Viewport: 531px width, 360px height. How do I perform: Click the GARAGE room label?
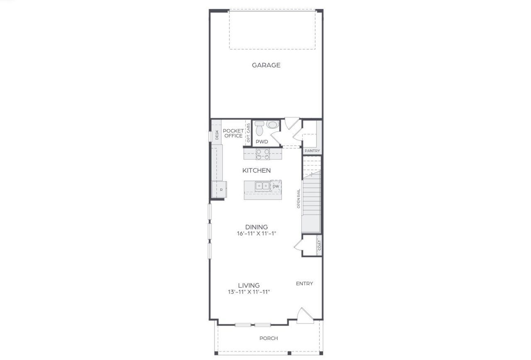pyautogui.click(x=266, y=65)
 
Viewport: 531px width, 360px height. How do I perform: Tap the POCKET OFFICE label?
pyautogui.click(x=233, y=133)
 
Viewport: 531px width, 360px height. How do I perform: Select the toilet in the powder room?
pyautogui.click(x=259, y=128)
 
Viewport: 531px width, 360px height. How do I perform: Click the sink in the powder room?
pyautogui.click(x=273, y=124)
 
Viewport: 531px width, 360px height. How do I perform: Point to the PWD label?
pyautogui.click(x=262, y=142)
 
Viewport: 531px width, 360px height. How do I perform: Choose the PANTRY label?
pyautogui.click(x=312, y=151)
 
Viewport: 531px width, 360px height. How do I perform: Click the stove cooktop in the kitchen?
pyautogui.click(x=262, y=154)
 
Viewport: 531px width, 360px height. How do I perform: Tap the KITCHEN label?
pyautogui.click(x=256, y=170)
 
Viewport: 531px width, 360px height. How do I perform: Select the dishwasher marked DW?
pyautogui.click(x=276, y=186)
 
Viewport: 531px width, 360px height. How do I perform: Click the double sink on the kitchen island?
pyautogui.click(x=262, y=186)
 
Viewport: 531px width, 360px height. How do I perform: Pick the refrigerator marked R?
pyautogui.click(x=221, y=190)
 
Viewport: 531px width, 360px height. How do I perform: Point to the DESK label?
pyautogui.click(x=217, y=135)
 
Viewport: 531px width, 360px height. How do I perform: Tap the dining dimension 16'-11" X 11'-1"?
pyautogui.click(x=256, y=234)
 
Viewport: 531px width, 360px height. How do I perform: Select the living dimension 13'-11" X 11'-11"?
pyautogui.click(x=249, y=292)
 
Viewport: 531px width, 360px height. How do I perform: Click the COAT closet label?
pyautogui.click(x=319, y=246)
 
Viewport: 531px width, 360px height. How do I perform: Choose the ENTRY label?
pyautogui.click(x=304, y=284)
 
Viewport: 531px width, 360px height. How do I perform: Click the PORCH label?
pyautogui.click(x=268, y=338)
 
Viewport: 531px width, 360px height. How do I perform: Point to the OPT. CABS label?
pyautogui.click(x=248, y=133)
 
